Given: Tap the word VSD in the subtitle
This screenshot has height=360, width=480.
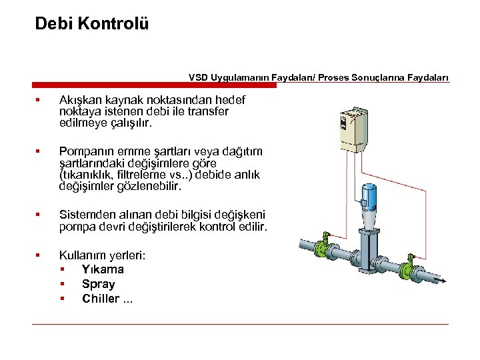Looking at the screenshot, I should (x=198, y=77).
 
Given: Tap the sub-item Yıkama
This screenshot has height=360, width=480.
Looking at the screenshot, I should (x=103, y=269).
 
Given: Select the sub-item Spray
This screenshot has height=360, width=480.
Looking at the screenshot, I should (x=98, y=284).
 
